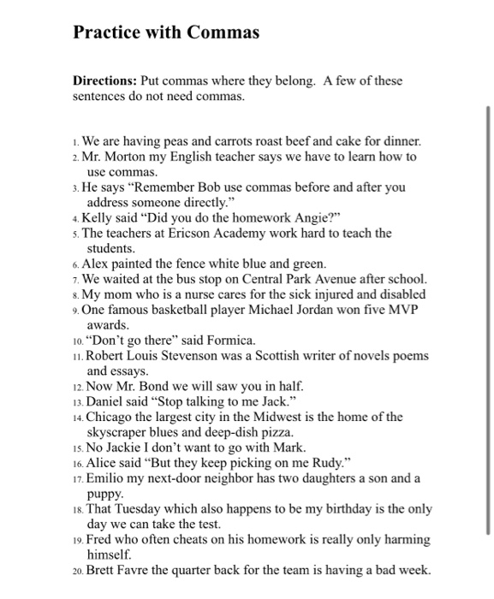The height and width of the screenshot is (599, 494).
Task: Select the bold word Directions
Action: point(104,81)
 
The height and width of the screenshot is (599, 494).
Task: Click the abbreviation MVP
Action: point(402,310)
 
